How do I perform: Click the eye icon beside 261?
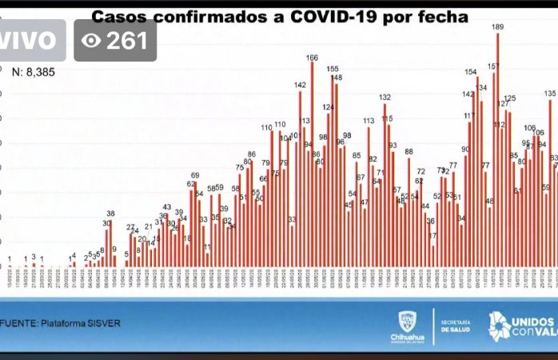click(x=93, y=40)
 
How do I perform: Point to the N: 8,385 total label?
click(x=37, y=71)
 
